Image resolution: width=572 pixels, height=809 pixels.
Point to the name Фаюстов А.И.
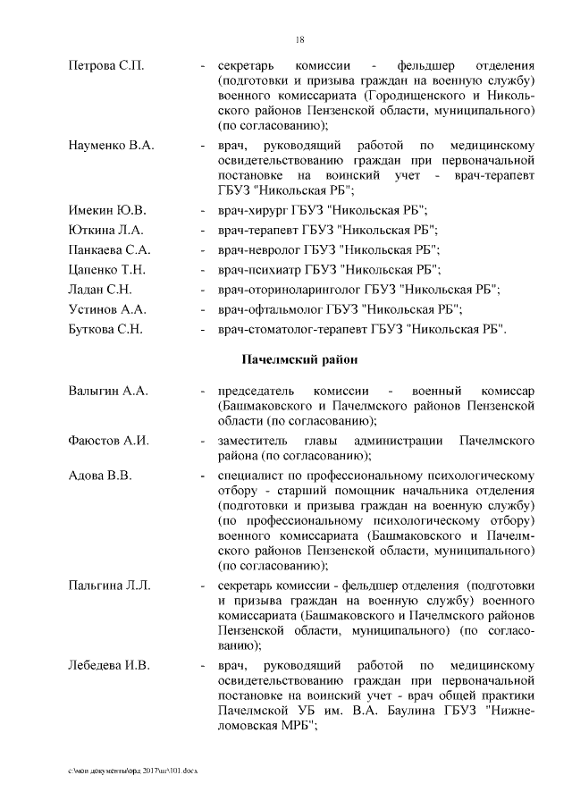[108, 441]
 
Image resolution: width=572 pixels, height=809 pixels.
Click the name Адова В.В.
[100, 475]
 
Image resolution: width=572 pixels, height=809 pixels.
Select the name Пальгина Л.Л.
[109, 586]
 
